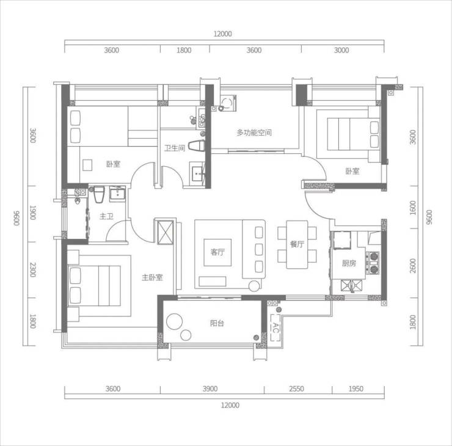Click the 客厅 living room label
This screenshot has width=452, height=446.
217,252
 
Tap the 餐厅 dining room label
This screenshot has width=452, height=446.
297,244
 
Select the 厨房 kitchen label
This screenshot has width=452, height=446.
349,263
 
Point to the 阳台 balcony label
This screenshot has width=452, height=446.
217,323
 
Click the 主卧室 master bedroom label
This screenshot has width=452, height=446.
152,277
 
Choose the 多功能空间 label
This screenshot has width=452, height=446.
254,133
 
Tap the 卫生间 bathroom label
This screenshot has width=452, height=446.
175,148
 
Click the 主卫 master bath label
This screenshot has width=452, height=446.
106,216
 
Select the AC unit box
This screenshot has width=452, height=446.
275,327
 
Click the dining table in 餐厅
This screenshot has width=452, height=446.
297,245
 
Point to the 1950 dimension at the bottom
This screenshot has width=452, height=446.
355,389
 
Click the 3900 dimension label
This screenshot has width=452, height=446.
210,389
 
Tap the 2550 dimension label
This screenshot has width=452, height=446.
296,389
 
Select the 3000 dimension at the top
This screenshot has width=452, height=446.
341,50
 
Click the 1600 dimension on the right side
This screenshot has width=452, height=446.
413,208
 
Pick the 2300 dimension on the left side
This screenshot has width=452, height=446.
33,269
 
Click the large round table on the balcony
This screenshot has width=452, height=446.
175,321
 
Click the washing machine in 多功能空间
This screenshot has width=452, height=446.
228,103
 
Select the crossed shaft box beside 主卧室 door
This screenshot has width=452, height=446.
165,232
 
